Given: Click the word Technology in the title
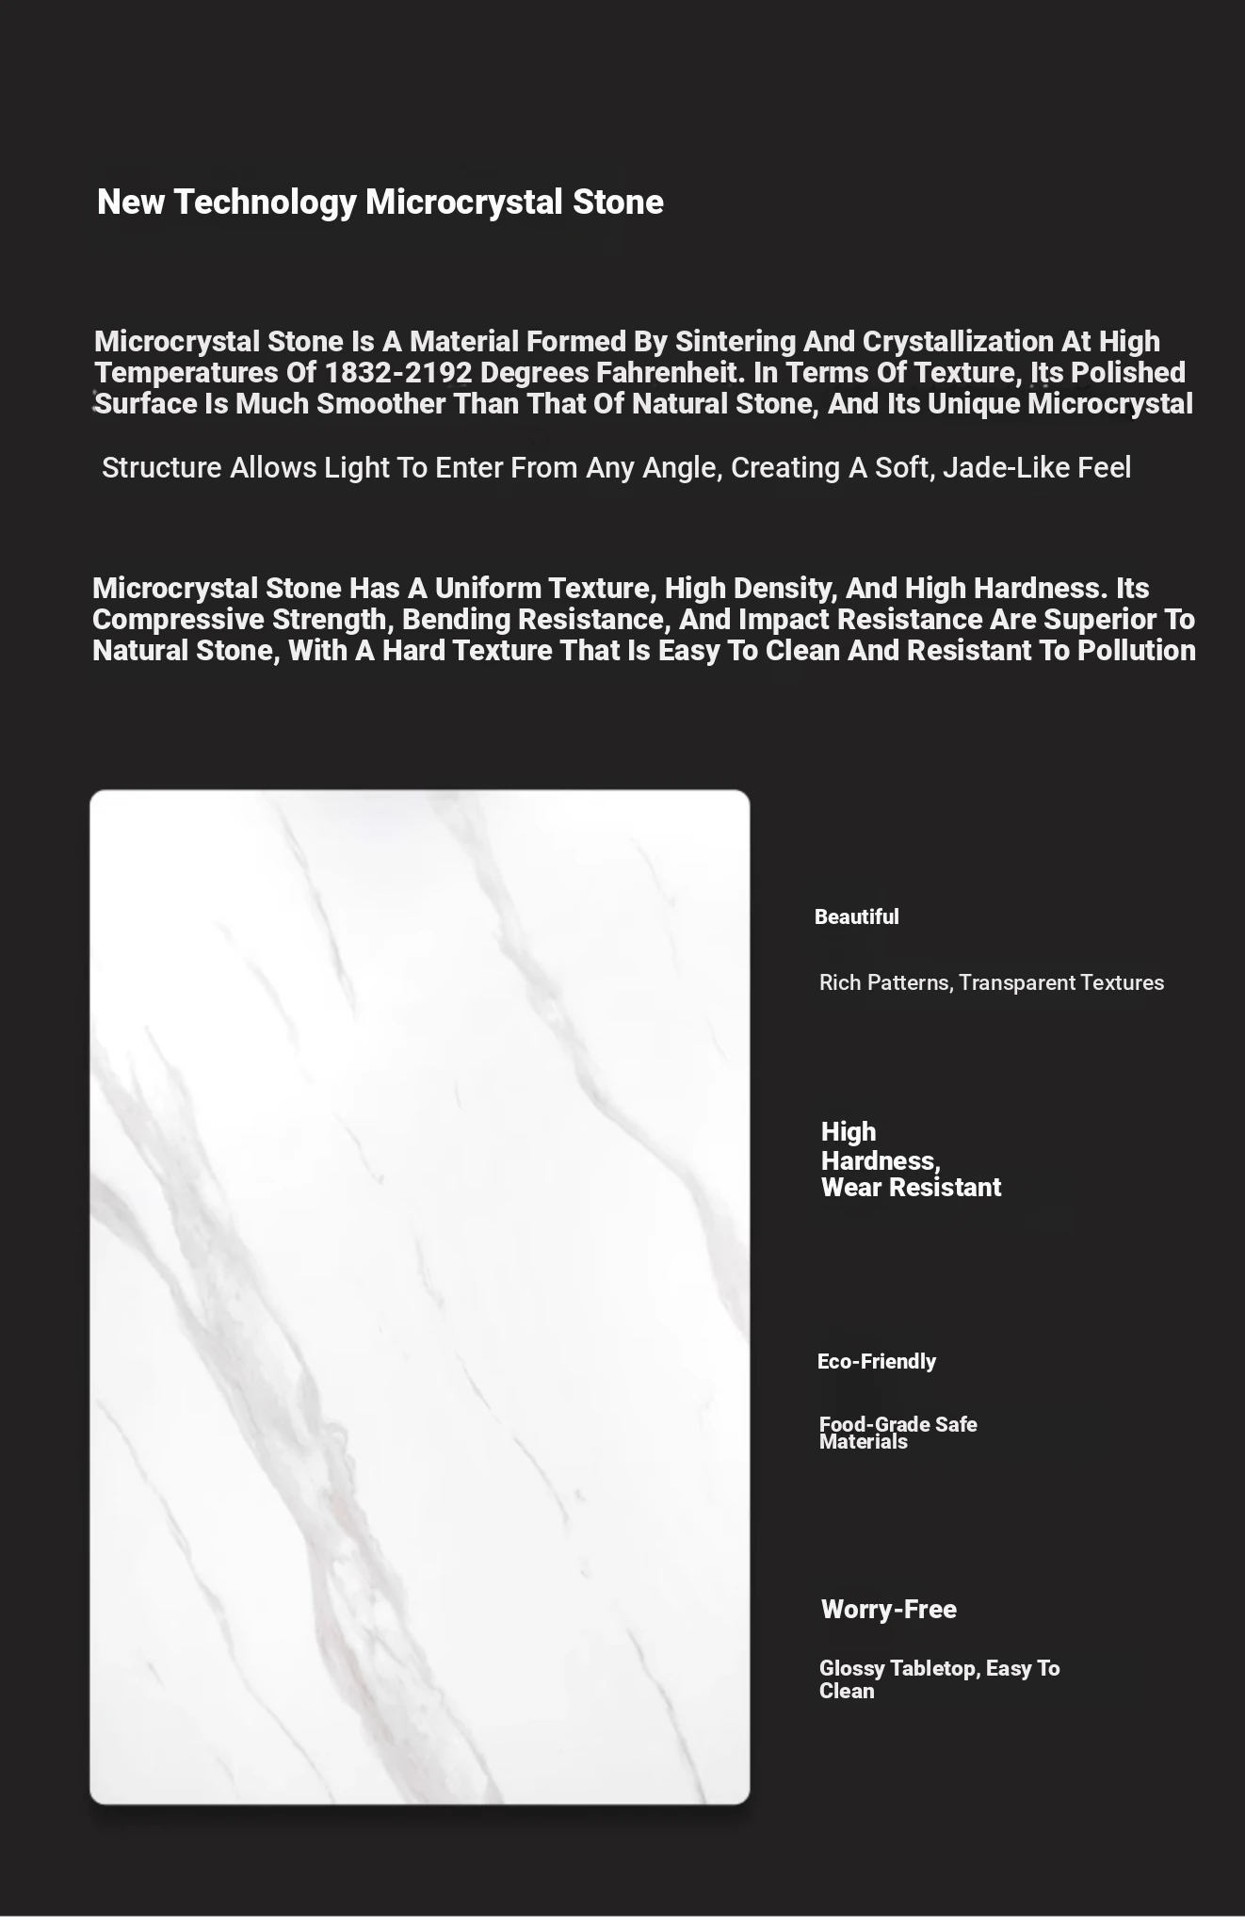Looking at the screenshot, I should [265, 203].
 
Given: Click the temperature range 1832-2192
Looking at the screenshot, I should [397, 373].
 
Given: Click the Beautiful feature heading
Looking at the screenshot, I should [856, 917].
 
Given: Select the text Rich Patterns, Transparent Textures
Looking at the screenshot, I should [991, 982].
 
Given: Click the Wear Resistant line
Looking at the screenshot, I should [911, 1188].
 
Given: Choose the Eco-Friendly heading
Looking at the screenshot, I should [876, 1361].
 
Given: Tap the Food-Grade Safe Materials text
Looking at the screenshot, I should [897, 1433].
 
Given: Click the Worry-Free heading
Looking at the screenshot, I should [888, 1609].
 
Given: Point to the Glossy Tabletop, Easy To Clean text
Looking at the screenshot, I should [938, 1678].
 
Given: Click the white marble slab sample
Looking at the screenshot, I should [419, 1297].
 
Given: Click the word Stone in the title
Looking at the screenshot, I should [618, 203].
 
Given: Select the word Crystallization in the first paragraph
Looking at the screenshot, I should [958, 341].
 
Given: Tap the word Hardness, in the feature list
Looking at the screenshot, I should [881, 1160].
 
